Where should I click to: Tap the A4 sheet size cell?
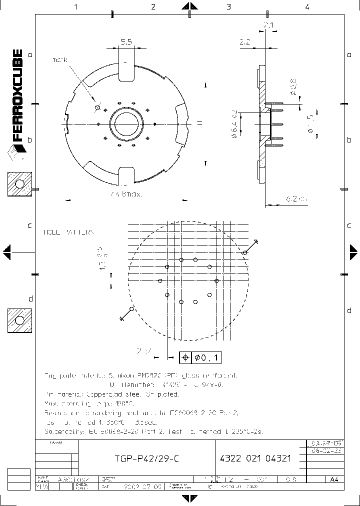[x=334, y=479]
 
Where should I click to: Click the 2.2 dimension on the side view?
[x=245, y=43]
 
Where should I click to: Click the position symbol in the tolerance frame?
[x=185, y=357]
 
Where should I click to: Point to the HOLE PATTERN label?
[x=69, y=232]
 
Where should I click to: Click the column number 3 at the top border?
[x=228, y=7]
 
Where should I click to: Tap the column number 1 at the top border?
[x=76, y=7]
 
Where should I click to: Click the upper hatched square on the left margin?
[x=19, y=184]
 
